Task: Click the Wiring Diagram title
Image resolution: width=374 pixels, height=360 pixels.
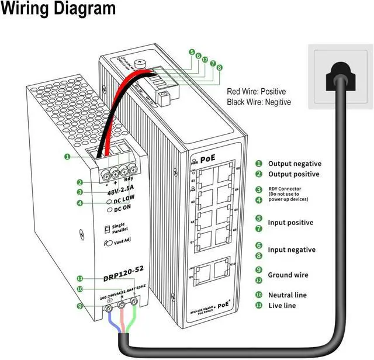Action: tap(58, 10)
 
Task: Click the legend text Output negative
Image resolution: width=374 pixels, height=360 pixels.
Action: tap(294, 164)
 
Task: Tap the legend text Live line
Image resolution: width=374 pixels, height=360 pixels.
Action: tap(282, 306)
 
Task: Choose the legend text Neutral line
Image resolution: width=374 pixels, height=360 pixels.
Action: tap(287, 295)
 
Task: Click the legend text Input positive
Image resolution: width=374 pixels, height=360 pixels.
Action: tap(290, 223)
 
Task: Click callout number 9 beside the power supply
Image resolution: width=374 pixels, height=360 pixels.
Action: tap(79, 306)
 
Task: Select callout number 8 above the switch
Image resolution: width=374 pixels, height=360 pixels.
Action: tap(220, 68)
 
